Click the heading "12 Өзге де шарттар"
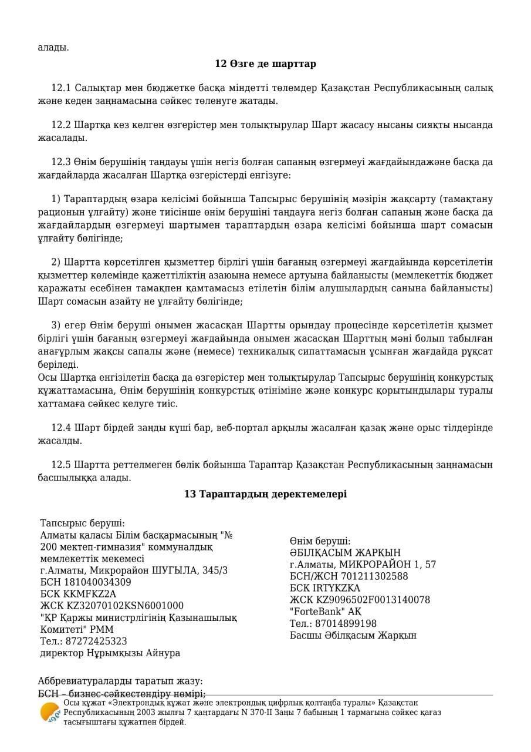point(265,63)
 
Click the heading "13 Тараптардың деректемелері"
point(265,494)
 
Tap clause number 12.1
point(61,88)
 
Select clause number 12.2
point(61,125)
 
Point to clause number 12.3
point(61,162)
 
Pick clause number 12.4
point(61,428)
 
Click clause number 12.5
point(61,465)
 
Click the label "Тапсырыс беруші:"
point(82,523)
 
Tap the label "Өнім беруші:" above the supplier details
point(320,541)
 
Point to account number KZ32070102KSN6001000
point(123,606)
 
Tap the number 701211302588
point(376,576)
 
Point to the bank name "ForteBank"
point(315,612)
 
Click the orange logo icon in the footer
point(50,713)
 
